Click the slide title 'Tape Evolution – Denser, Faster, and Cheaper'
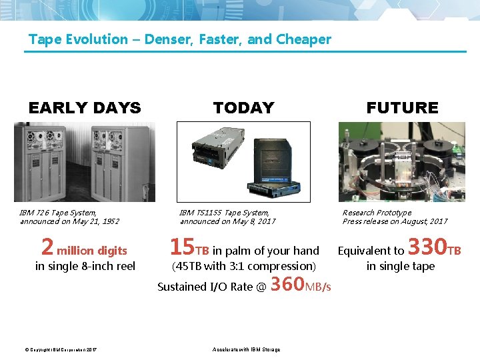point(179,39)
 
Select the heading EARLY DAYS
point(85,107)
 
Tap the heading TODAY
point(243,107)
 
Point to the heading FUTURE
point(402,107)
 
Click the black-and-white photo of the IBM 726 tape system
point(85,161)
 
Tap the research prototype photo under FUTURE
point(402,161)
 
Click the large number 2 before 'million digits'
point(47,247)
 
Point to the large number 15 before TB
point(181,247)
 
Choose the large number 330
point(427,247)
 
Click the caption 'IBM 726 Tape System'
point(58,213)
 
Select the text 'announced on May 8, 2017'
point(227,221)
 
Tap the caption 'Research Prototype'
point(377,213)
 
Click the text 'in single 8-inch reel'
point(85,267)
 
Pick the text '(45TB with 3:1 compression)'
point(243,267)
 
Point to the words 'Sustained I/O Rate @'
point(212,287)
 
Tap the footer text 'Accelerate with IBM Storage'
point(246,349)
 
